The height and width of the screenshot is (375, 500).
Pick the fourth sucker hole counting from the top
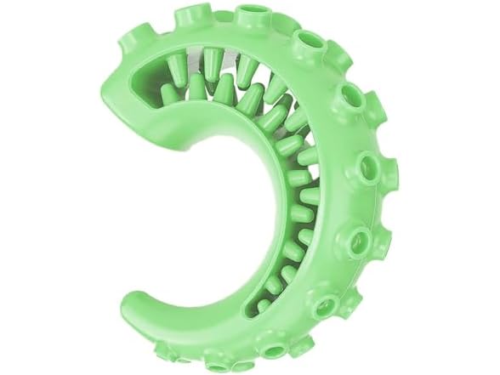coord(372,161)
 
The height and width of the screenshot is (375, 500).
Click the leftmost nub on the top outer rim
coord(184,15)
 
